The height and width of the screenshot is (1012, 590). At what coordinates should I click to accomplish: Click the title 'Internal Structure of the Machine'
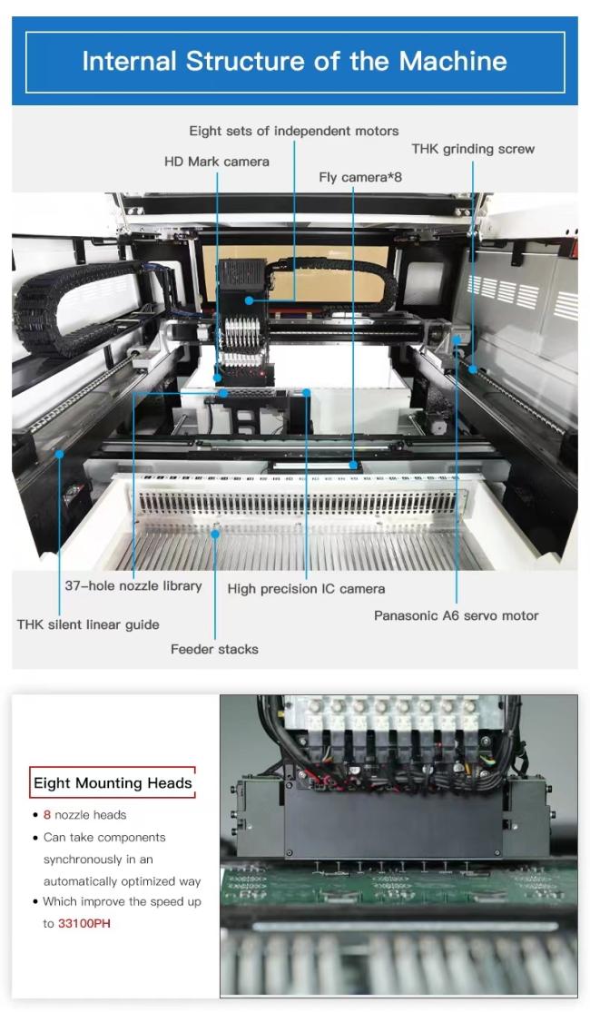pos(294,62)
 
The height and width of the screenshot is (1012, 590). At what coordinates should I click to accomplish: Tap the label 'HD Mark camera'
pos(217,162)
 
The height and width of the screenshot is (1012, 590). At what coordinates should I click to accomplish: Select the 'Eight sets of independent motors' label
pos(294,131)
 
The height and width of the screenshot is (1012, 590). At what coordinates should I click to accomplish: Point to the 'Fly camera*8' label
pos(360,177)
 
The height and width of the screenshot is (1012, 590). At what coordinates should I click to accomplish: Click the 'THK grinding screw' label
pos(473,149)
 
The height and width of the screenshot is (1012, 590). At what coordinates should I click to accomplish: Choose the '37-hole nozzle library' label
pos(133,586)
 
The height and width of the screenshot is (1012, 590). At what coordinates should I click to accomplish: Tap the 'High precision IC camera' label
pos(306,589)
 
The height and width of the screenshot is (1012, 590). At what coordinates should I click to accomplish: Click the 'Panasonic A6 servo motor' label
pos(456,615)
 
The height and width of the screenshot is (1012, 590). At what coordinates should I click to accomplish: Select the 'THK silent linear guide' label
pos(88,624)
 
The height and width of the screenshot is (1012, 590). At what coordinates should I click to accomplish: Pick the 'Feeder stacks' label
pos(214,649)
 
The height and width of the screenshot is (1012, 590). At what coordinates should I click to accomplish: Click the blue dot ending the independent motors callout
pos(250,300)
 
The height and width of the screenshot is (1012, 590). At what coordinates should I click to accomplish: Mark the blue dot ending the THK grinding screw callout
pos(473,369)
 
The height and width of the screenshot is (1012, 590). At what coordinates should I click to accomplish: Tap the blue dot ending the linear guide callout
pos(59,455)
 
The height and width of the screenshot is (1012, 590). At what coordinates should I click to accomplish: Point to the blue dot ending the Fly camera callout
pos(353,465)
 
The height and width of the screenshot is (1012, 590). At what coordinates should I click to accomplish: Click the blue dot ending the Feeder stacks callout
pos(215,533)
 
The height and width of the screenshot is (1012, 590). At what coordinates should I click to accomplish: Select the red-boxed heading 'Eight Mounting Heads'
pos(113,783)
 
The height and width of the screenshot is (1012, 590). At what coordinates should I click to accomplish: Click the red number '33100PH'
pos(84,924)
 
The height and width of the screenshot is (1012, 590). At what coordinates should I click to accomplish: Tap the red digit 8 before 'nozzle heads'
pos(47,814)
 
